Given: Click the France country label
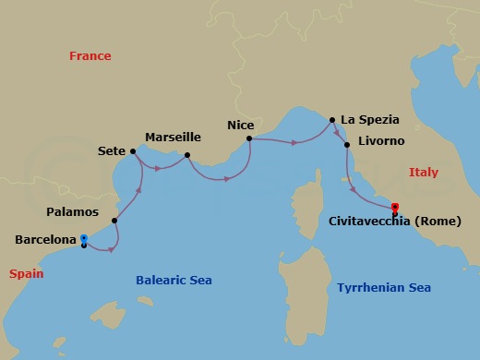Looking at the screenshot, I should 90,56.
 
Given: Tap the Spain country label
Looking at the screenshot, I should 27,274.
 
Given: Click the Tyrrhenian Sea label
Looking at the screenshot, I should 383,288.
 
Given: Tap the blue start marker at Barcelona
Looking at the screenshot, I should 84,238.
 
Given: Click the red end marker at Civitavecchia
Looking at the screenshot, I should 395,208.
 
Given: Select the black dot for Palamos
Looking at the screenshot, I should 114,221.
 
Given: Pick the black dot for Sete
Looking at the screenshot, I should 134,151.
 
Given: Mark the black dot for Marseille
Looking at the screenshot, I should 187,155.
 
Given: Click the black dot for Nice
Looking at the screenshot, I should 249,139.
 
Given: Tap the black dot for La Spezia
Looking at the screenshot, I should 333,119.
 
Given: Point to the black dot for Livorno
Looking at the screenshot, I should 347,145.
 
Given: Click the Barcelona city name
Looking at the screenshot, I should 45,240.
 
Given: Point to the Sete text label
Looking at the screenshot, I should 112,149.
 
